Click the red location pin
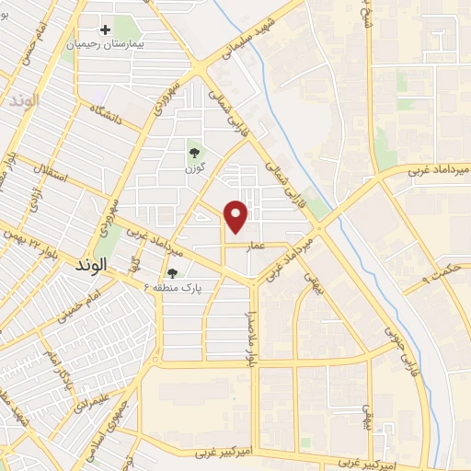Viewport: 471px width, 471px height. [237, 215]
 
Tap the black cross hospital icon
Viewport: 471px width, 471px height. [107, 30]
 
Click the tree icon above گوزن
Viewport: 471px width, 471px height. [194, 153]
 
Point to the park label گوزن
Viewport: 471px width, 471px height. [194, 167]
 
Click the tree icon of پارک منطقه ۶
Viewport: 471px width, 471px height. [173, 272]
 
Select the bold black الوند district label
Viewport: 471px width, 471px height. [88, 263]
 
